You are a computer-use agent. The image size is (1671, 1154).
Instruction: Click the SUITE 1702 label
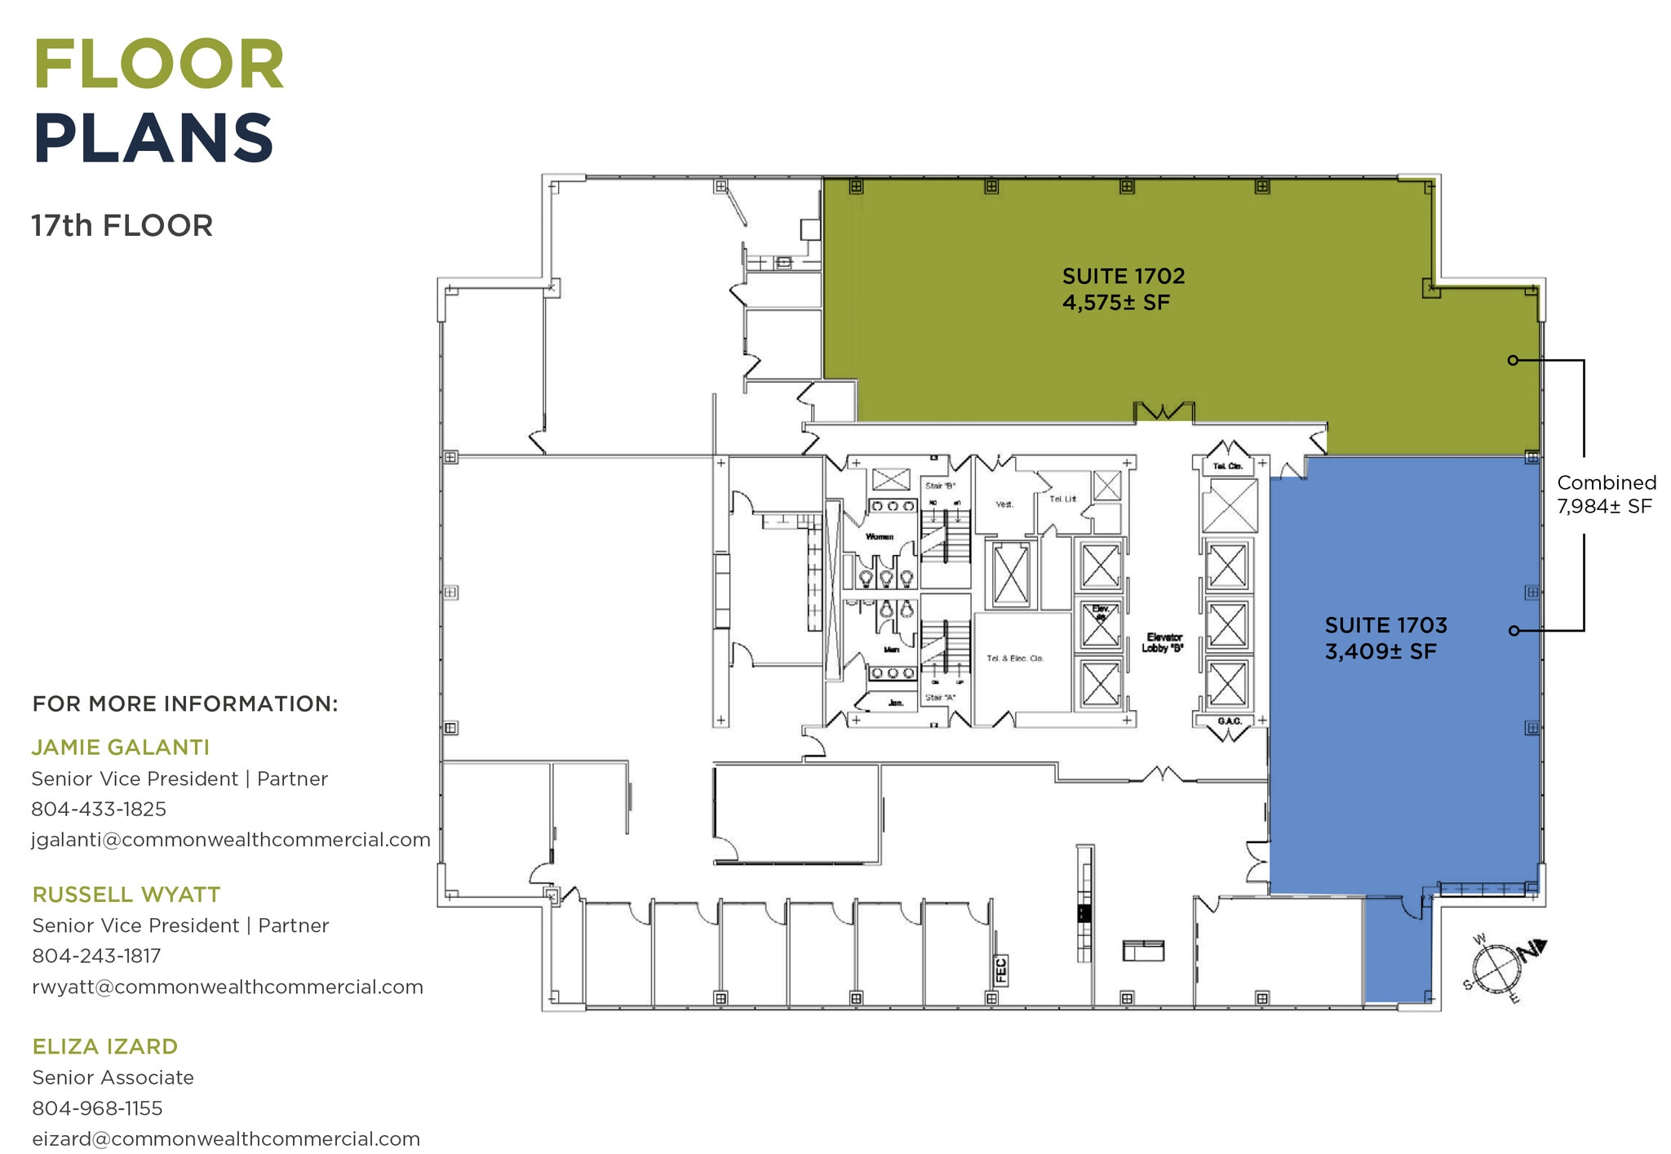point(1123,276)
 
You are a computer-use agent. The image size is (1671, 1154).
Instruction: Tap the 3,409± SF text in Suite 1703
point(1380,652)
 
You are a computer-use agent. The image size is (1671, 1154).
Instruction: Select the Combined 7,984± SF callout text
point(1606,495)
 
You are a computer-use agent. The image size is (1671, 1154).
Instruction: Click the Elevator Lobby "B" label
point(1163,642)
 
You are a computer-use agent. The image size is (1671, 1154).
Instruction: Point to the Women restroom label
point(879,537)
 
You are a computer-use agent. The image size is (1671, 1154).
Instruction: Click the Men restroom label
point(891,650)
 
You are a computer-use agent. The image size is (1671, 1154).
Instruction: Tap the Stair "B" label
point(940,486)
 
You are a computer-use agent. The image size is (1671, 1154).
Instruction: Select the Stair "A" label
point(940,698)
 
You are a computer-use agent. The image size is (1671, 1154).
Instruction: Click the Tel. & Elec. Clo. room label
point(1014,659)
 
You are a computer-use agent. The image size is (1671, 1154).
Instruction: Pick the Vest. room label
point(1004,504)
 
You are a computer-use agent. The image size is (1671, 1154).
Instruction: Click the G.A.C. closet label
point(1229,721)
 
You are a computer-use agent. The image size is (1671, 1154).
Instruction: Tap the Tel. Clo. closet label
point(1227,467)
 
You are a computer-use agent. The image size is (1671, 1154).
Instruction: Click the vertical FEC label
point(1000,970)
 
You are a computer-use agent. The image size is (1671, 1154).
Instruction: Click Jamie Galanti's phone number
point(99,809)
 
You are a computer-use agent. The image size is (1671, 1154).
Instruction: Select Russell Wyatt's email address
point(228,987)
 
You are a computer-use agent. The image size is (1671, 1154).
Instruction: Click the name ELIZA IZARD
point(104,1046)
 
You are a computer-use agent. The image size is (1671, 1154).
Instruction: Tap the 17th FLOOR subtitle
point(122,225)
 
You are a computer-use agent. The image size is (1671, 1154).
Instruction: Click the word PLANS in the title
point(153,139)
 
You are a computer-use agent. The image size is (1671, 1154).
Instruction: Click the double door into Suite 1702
point(1163,411)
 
